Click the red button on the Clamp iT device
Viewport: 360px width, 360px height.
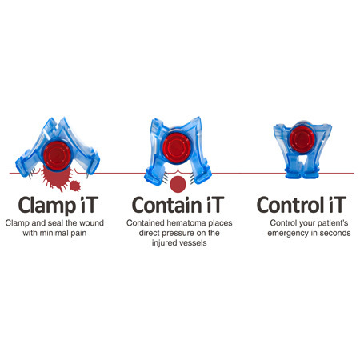click(58, 156)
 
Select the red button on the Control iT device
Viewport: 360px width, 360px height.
click(302, 139)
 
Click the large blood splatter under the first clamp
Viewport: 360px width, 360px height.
click(56, 178)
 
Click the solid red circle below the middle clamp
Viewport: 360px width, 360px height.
click(178, 184)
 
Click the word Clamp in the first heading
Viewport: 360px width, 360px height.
click(47, 206)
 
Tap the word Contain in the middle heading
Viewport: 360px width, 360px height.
click(167, 205)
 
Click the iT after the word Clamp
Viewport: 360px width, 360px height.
click(88, 205)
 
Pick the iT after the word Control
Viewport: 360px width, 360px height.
click(338, 205)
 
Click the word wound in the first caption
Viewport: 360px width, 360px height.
click(91, 223)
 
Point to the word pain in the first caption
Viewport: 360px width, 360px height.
click(78, 234)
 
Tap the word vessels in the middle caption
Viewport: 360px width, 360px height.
click(192, 243)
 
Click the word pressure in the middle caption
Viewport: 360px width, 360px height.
click(178, 233)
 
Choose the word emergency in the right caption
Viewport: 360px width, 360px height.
click(287, 234)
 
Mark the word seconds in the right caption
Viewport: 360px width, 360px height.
click(335, 233)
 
